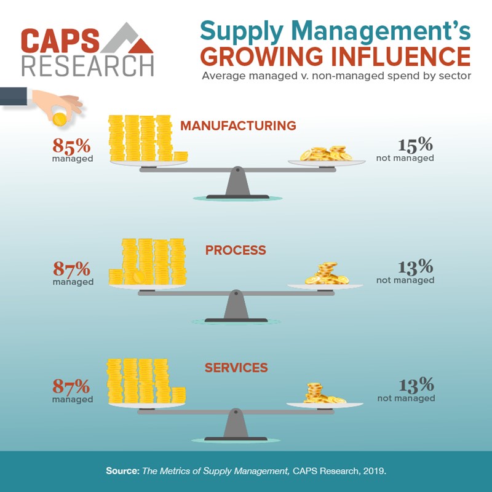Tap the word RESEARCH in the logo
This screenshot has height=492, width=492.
[x=87, y=65]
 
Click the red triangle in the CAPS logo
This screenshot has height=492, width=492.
[x=142, y=45]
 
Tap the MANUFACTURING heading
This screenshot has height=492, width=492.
[x=238, y=126]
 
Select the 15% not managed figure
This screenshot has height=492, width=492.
[x=415, y=145]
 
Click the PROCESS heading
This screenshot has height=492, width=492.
[x=236, y=250]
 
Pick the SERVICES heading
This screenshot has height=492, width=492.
[x=236, y=368]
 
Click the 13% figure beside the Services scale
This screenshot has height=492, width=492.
[x=416, y=386]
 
